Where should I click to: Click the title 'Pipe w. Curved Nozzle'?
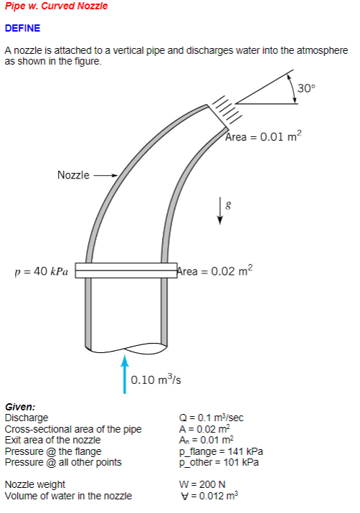56,6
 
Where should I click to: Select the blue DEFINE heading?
23,29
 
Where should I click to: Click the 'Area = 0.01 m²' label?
263,137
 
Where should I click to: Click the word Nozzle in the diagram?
73,174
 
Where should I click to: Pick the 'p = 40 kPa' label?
42,271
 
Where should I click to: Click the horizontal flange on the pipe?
126,270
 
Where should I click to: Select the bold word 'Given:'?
20,406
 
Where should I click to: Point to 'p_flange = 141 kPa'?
221,451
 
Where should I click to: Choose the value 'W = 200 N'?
202,484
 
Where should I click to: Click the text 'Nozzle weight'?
35,484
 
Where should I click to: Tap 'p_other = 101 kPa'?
219,462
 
